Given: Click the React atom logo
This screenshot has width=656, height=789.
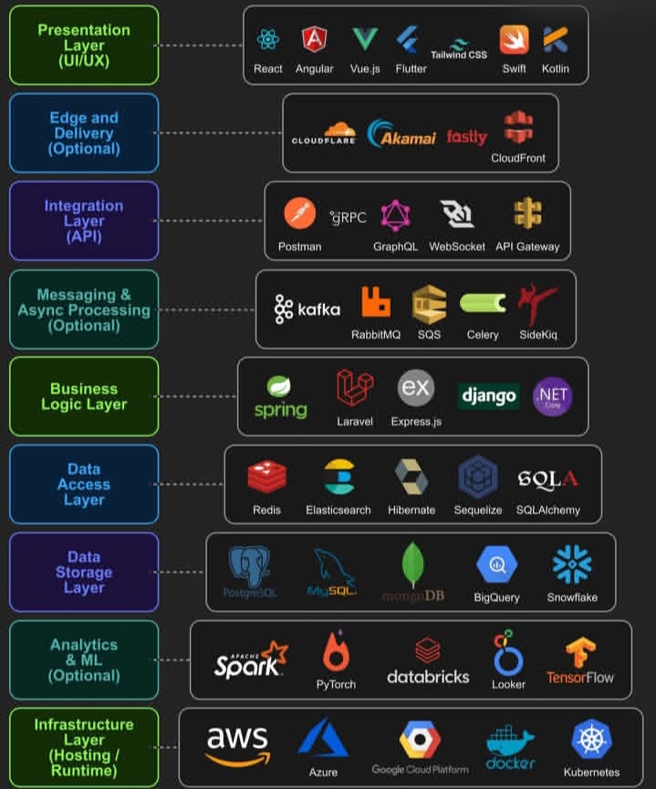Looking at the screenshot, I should point(267,39).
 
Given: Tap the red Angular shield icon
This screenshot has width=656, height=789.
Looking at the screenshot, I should point(315,39).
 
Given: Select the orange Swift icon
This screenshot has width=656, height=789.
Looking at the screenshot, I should point(514,39).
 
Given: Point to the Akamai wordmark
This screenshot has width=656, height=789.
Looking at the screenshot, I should point(401,135).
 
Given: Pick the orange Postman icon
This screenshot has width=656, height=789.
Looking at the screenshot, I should point(299,214).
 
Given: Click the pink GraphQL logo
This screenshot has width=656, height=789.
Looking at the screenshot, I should point(395,216).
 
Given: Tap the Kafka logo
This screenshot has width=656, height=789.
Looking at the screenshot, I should point(307,310).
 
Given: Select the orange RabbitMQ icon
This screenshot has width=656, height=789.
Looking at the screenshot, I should point(375,302).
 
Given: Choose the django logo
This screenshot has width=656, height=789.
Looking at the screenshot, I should point(488,396).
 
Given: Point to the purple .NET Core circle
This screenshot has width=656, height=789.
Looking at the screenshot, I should point(553,396).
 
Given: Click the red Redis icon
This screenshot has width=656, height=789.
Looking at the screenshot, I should point(267,477).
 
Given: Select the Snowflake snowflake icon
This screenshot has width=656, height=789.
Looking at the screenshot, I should point(572,564).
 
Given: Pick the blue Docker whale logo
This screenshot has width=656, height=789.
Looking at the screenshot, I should point(510,743).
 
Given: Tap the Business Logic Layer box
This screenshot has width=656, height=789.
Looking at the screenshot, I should point(84,396).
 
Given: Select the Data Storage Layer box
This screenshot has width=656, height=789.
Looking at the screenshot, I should point(84,573).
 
